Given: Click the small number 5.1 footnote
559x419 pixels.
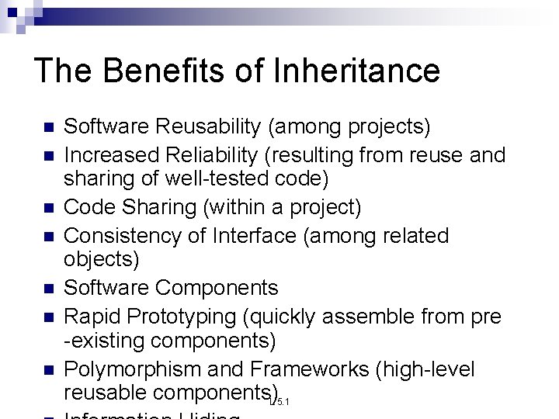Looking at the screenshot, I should tap(283, 401).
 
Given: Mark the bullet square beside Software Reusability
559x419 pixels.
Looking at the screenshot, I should tap(47, 127).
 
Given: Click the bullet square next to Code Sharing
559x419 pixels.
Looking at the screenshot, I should tap(47, 208).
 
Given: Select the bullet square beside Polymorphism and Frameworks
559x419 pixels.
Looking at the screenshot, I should tap(47, 369).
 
